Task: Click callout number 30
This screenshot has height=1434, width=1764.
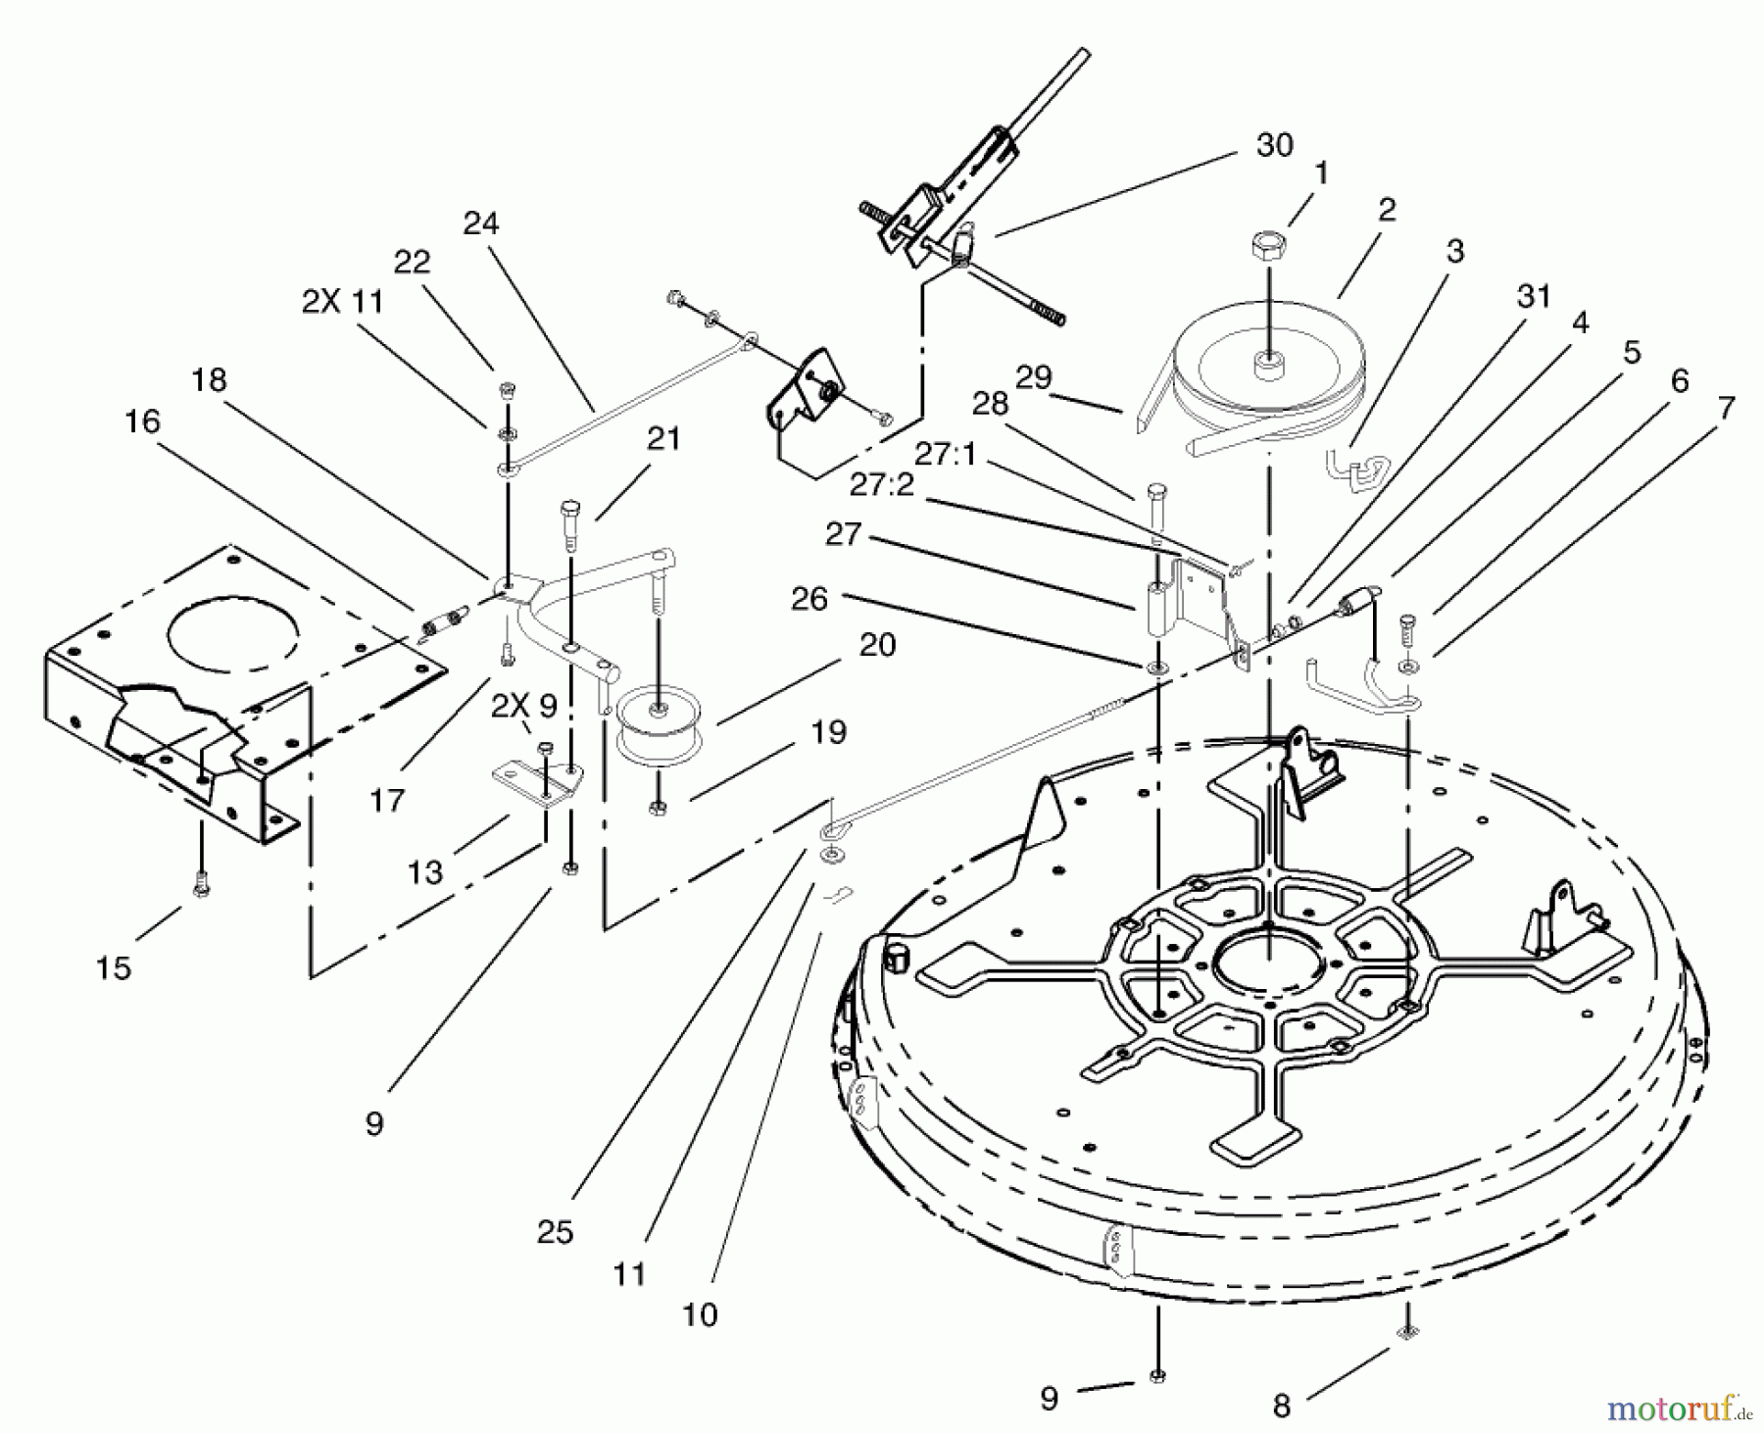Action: click(1274, 145)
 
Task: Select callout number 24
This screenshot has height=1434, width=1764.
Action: click(480, 223)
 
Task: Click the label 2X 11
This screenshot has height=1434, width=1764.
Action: click(342, 302)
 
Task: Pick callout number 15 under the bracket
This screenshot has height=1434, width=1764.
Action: click(114, 967)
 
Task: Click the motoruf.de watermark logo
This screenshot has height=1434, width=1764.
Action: click(1677, 1409)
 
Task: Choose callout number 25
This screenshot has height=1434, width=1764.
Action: click(555, 1232)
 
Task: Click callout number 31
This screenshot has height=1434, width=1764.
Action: click(1534, 295)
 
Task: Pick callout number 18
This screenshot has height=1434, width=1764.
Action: click(209, 380)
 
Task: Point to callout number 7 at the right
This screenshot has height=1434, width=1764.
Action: click(1726, 408)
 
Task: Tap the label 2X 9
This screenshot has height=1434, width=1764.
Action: click(524, 706)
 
